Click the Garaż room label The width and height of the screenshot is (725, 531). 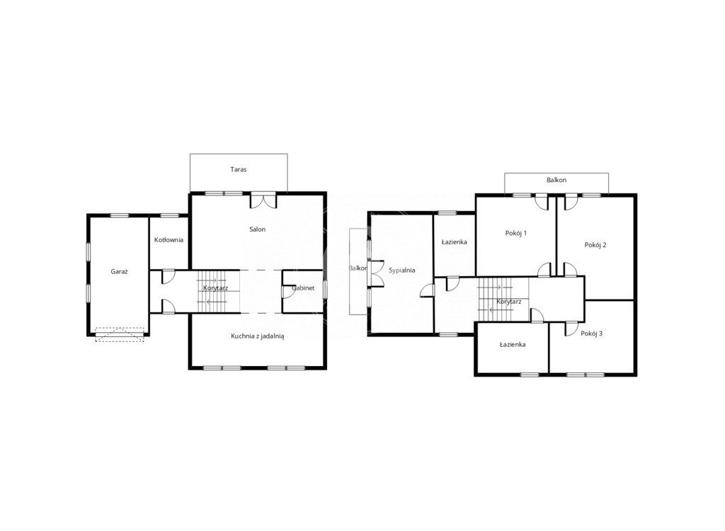[119, 272]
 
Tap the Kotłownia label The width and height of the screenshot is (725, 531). [169, 239]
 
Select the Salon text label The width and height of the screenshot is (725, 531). [258, 229]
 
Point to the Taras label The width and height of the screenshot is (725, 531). [239, 169]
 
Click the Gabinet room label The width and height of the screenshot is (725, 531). [303, 287]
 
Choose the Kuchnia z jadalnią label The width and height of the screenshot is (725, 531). [258, 336]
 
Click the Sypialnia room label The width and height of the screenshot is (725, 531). [402, 270]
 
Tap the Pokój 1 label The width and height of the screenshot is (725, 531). [516, 233]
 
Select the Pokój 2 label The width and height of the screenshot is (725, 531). [595, 245]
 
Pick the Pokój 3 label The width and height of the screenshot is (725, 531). [591, 333]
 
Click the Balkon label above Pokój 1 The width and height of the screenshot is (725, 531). [556, 180]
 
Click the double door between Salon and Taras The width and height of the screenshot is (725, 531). [263, 200]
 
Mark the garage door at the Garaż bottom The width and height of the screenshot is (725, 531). [120, 334]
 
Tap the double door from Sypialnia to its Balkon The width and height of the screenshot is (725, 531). [375, 274]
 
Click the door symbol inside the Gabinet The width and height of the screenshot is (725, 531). [287, 292]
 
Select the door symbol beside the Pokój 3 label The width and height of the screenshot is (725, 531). [571, 329]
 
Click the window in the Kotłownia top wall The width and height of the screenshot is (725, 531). [169, 215]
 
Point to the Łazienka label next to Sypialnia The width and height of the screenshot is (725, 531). [454, 242]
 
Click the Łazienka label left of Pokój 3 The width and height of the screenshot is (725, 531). [513, 345]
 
